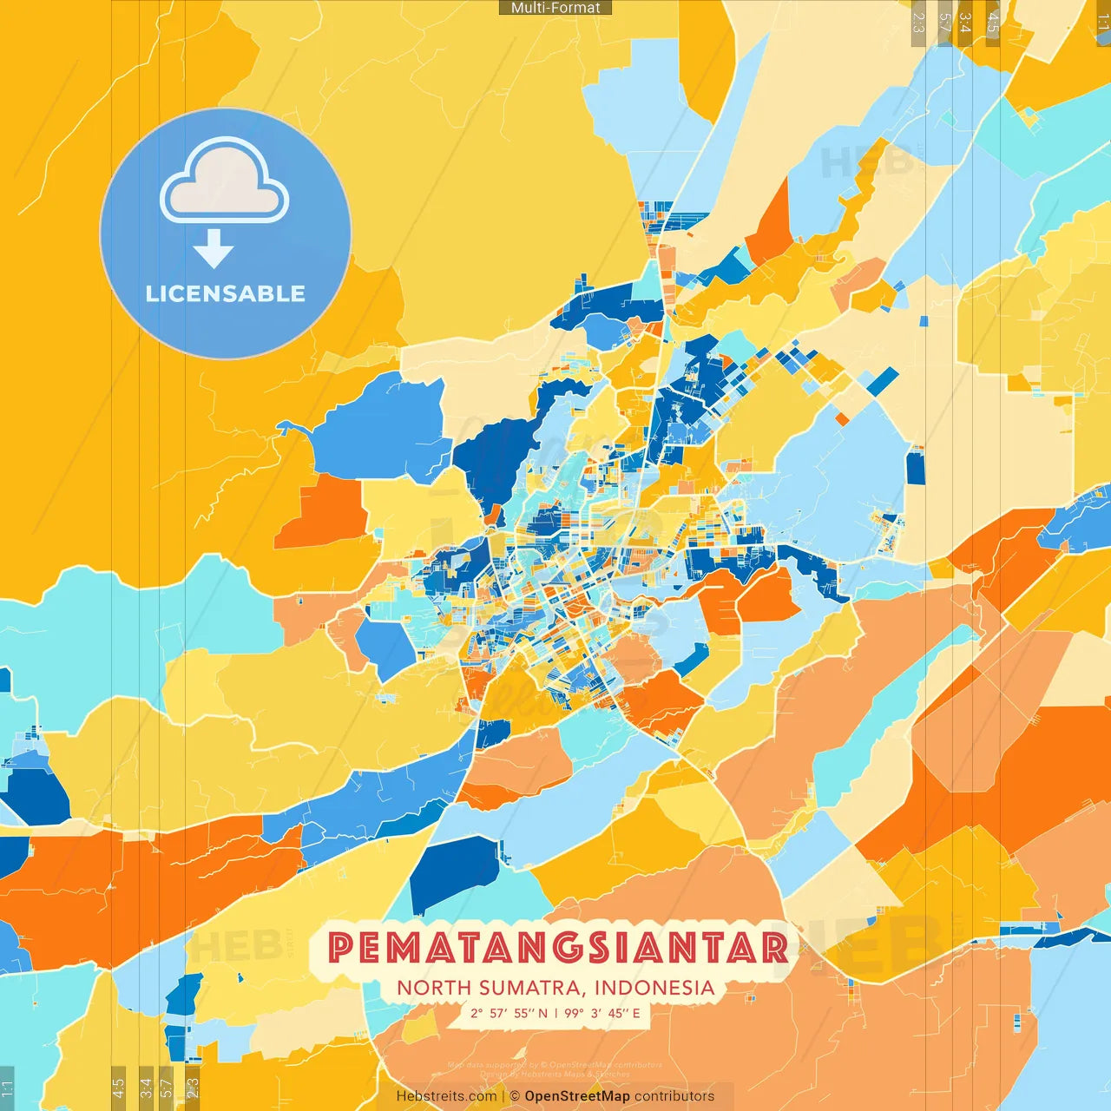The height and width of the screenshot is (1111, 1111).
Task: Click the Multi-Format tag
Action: point(555,8)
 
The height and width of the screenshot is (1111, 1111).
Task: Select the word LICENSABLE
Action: point(226,293)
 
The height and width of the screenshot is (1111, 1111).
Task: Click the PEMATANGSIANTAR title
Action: point(558,948)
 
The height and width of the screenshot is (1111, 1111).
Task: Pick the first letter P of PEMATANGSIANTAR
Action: point(342,948)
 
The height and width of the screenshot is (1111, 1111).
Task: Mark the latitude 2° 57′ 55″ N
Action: point(509,1013)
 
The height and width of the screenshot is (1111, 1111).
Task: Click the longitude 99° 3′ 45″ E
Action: point(602,1013)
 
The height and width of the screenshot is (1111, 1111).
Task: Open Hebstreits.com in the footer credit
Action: point(446,1096)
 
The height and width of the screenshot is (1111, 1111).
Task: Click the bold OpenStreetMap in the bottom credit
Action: point(577,1096)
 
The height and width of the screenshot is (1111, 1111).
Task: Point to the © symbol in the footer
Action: point(515,1096)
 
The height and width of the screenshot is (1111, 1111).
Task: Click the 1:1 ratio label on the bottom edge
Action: point(8,1088)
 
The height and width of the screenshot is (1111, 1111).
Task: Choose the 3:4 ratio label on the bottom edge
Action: point(146,1088)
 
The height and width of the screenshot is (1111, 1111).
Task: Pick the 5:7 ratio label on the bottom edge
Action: point(166,1088)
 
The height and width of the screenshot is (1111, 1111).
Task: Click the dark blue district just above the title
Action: point(454,872)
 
